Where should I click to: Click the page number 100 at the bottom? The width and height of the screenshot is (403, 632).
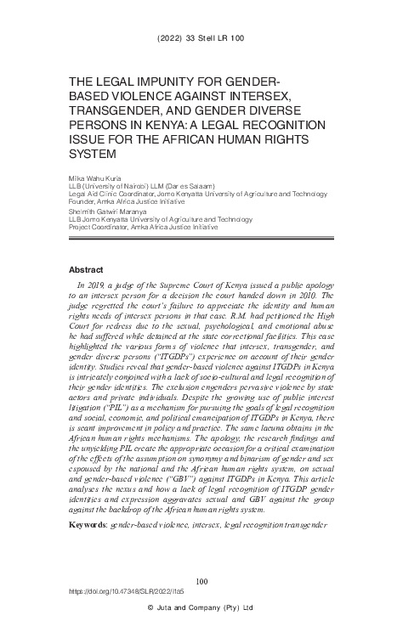[201, 581]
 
